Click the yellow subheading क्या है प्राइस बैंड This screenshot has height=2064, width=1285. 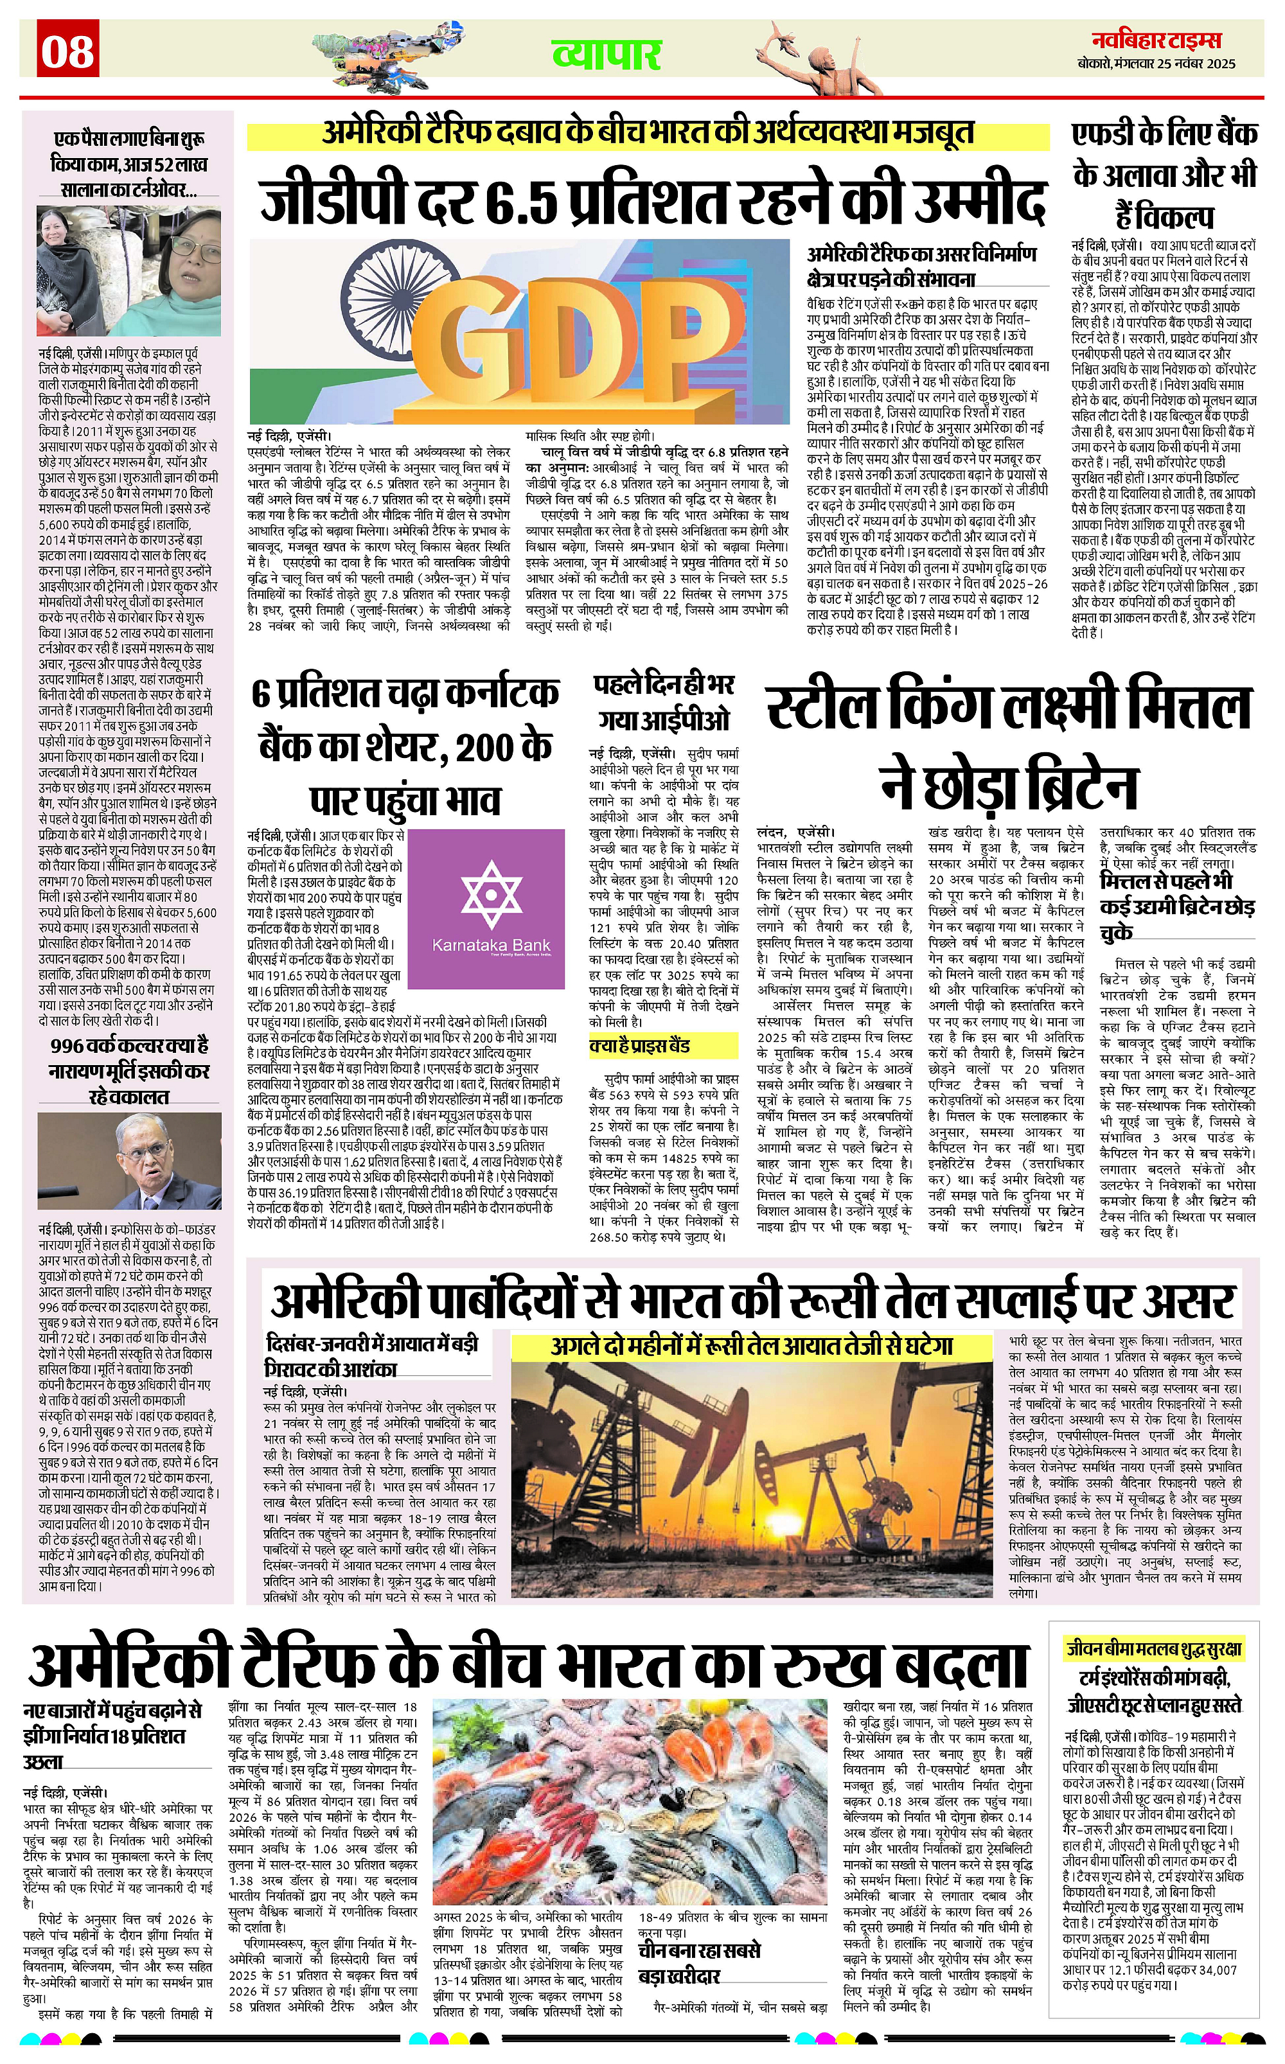coord(640,1045)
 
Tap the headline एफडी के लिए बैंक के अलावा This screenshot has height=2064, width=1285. coord(1164,175)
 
